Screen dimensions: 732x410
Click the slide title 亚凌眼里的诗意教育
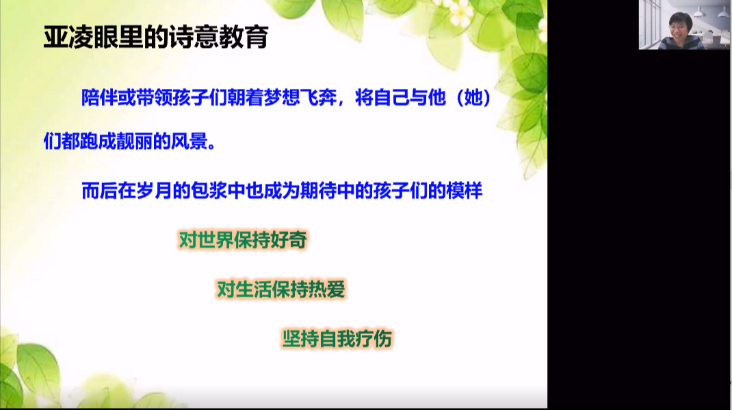tap(156, 37)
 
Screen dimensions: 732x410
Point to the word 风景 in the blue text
tap(189, 141)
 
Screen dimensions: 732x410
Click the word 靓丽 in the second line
tap(135, 141)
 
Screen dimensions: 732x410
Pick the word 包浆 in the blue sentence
tap(209, 191)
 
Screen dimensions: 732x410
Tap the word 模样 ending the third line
tap(464, 191)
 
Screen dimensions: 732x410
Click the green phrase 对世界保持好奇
tap(244, 241)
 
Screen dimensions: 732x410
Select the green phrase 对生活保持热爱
tap(281, 290)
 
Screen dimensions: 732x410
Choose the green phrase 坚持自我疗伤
tap(337, 339)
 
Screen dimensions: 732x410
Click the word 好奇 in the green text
tap(289, 241)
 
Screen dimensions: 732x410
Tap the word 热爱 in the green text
tap(327, 290)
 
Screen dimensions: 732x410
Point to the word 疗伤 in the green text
tap(374, 339)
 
